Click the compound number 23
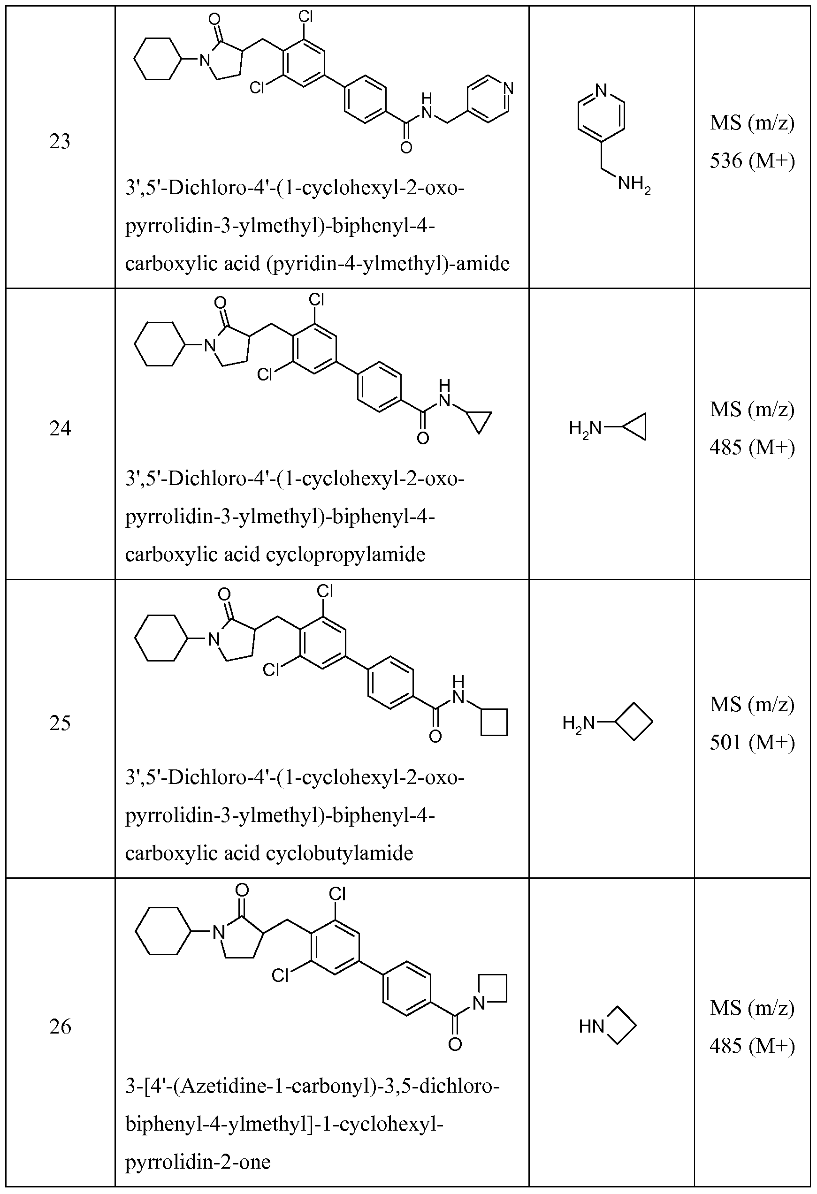60,142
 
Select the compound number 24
60,428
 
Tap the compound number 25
60,723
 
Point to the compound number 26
60,1027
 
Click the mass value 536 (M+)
752,161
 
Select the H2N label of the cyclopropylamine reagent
585,427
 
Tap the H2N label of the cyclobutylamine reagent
578,724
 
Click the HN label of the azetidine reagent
591,1027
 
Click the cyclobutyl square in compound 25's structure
494,722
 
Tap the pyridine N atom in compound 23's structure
508,87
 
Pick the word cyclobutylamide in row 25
339,853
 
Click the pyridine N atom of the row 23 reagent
602,91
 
